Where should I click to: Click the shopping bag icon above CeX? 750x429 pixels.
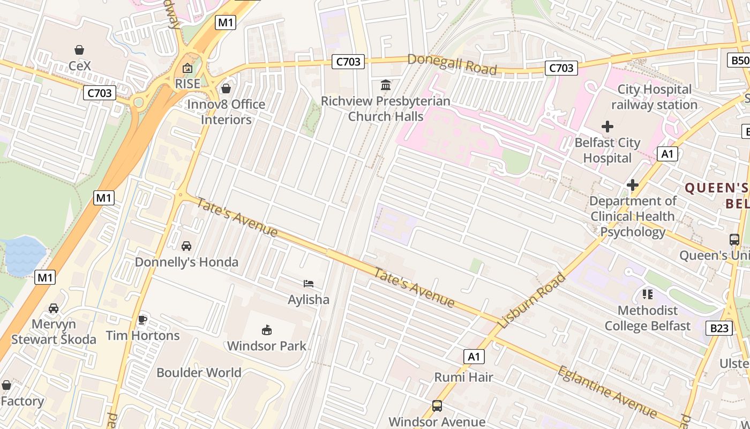tap(79, 50)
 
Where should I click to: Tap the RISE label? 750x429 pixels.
tap(187, 84)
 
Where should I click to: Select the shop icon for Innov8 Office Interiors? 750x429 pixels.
tap(226, 88)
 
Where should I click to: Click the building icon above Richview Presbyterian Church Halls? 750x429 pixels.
tap(385, 85)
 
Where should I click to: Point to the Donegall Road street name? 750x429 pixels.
tap(452, 64)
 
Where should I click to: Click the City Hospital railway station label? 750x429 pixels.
tap(654, 97)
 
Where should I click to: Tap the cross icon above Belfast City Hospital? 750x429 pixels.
tap(607, 127)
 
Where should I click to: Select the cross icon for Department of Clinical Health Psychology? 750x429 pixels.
tap(633, 185)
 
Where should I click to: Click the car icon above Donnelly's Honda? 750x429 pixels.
tap(186, 246)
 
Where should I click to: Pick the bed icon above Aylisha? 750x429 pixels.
tap(309, 284)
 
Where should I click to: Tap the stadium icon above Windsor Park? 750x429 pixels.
tap(266, 330)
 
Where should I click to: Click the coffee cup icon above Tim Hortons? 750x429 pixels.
tap(142, 320)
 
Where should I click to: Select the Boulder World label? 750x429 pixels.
tap(199, 372)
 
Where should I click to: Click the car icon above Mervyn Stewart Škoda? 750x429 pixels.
tap(54, 308)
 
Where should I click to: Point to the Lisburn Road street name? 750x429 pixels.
tap(532, 301)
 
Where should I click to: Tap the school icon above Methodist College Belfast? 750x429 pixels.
tap(648, 294)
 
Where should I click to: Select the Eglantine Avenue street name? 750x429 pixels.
tap(607, 391)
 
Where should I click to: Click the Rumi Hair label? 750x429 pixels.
tap(463, 377)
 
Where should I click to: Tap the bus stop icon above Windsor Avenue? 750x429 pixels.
tap(437, 406)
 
